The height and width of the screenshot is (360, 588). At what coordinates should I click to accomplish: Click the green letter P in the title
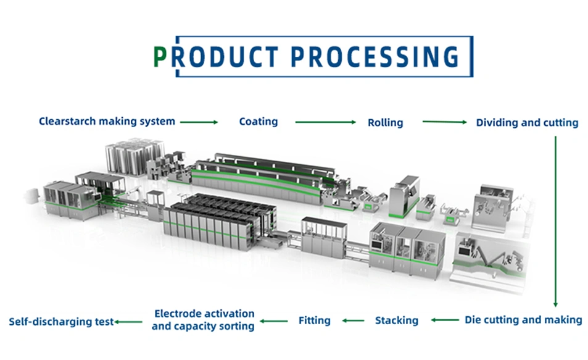(160, 57)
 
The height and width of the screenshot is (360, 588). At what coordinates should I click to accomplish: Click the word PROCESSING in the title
(375, 57)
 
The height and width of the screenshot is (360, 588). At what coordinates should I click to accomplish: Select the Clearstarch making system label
(107, 122)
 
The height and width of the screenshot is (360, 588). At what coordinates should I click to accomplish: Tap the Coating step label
(259, 122)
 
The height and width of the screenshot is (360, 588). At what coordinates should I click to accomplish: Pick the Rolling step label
(385, 123)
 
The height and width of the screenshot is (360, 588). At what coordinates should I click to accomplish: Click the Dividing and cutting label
(527, 123)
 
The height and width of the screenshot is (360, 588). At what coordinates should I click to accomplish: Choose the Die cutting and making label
(523, 320)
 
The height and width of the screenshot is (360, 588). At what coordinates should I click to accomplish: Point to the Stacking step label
(396, 320)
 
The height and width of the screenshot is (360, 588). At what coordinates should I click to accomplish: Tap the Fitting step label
(314, 320)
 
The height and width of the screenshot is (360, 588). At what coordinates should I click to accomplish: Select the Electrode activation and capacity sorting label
(203, 320)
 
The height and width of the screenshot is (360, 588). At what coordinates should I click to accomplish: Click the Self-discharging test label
(61, 322)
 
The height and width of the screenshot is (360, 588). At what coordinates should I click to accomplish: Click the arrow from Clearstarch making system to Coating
(199, 122)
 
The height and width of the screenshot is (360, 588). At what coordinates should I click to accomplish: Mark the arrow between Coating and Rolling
(326, 122)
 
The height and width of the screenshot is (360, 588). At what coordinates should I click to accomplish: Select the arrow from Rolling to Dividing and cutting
(444, 122)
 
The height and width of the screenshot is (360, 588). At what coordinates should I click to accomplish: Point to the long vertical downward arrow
(555, 222)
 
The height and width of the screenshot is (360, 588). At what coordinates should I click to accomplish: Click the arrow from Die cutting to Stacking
(445, 320)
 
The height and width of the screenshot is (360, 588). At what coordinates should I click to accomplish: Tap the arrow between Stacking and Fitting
(353, 320)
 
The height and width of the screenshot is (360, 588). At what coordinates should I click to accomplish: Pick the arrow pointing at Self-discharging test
(128, 322)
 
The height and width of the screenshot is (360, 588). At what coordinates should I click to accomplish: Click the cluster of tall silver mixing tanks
(135, 157)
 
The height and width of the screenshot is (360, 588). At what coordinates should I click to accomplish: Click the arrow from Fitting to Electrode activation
(274, 321)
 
